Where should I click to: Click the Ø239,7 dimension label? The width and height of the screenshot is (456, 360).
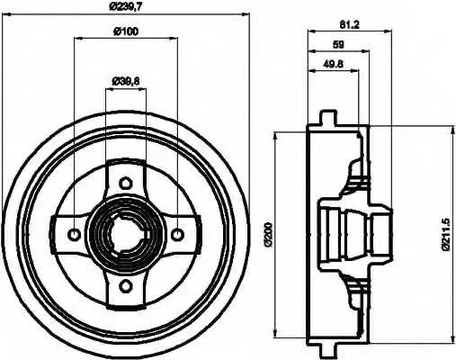125,7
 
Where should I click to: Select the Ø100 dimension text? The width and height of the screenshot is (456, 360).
126,31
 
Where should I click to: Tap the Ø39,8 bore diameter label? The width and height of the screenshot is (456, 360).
126,81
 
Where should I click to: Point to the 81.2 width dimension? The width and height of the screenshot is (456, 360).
350,24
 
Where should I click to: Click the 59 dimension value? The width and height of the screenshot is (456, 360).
338,45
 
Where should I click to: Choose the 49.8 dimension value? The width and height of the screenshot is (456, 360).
333,64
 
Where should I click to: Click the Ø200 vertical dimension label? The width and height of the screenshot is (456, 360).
268,234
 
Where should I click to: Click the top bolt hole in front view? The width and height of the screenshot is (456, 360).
125,183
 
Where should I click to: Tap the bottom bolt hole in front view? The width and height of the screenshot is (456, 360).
125,285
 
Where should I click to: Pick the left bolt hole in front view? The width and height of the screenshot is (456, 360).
74,234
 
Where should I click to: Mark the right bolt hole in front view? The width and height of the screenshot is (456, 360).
177,234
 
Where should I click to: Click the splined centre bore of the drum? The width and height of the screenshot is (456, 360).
125,234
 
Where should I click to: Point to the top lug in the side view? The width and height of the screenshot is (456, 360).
328,118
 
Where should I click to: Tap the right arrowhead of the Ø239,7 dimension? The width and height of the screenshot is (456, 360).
246,13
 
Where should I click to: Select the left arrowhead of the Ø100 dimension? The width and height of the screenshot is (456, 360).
78,38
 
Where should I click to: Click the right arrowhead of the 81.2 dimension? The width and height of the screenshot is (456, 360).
388,31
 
